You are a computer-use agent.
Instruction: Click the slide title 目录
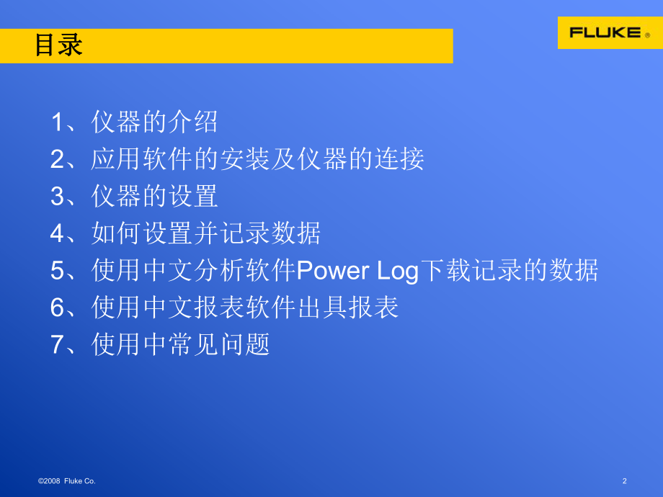[59, 46]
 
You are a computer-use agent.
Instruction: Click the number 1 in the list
[57, 122]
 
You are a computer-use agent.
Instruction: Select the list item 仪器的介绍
[154, 122]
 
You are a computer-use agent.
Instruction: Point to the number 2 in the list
[57, 159]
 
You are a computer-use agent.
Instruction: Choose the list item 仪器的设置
[154, 197]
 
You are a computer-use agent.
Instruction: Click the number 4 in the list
[57, 234]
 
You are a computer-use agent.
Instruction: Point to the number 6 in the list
[57, 308]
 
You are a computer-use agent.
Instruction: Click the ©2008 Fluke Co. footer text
[66, 480]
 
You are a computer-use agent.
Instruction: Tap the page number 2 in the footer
[624, 480]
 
